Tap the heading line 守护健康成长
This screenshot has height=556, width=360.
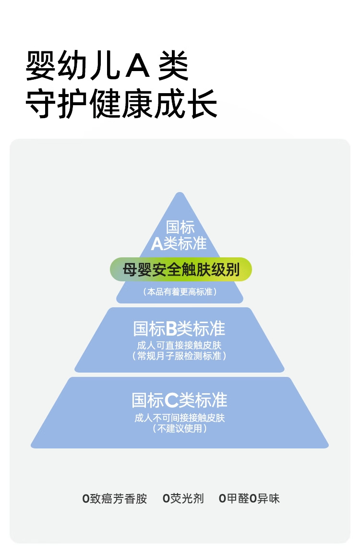(x=121, y=103)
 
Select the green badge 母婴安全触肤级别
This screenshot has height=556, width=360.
(x=181, y=269)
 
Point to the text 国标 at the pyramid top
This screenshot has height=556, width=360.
(x=180, y=228)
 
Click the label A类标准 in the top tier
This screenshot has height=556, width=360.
(x=179, y=244)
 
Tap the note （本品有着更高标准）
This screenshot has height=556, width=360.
(x=180, y=291)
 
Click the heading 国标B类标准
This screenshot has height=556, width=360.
(x=179, y=329)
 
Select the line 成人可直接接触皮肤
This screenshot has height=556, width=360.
(x=179, y=345)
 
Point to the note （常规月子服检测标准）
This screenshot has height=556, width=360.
(x=179, y=356)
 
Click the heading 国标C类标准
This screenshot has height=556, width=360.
(x=180, y=400)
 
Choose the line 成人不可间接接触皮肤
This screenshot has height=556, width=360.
(x=180, y=418)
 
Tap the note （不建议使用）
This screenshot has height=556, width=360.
(x=180, y=429)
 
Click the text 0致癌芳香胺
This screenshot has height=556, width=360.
(x=115, y=498)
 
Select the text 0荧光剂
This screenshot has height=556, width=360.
(x=183, y=498)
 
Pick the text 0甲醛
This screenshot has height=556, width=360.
(x=234, y=498)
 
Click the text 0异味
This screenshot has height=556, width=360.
(x=265, y=498)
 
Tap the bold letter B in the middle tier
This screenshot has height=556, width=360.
(x=172, y=329)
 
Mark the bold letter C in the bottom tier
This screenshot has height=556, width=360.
(x=171, y=400)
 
